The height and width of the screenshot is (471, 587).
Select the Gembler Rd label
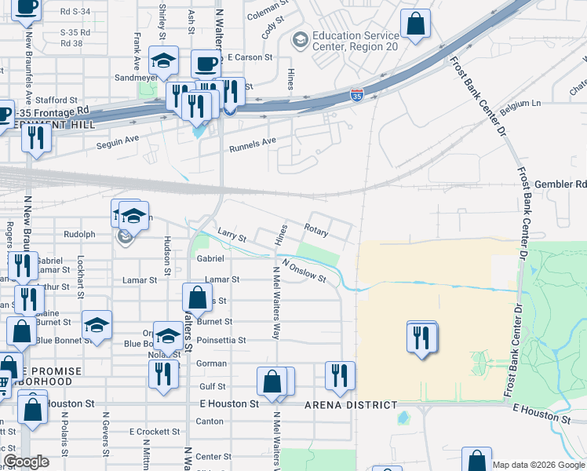pos(560,184)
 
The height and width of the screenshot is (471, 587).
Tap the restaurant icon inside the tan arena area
pos(421,338)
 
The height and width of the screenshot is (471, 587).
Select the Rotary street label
pos(316,230)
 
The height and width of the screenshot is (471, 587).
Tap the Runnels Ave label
pos(253,144)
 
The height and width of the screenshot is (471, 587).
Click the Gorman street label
pos(211,363)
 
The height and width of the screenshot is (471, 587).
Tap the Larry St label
pos(232,235)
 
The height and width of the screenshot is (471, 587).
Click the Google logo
pos(27,462)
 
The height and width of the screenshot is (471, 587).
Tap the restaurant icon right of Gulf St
pos(339,376)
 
